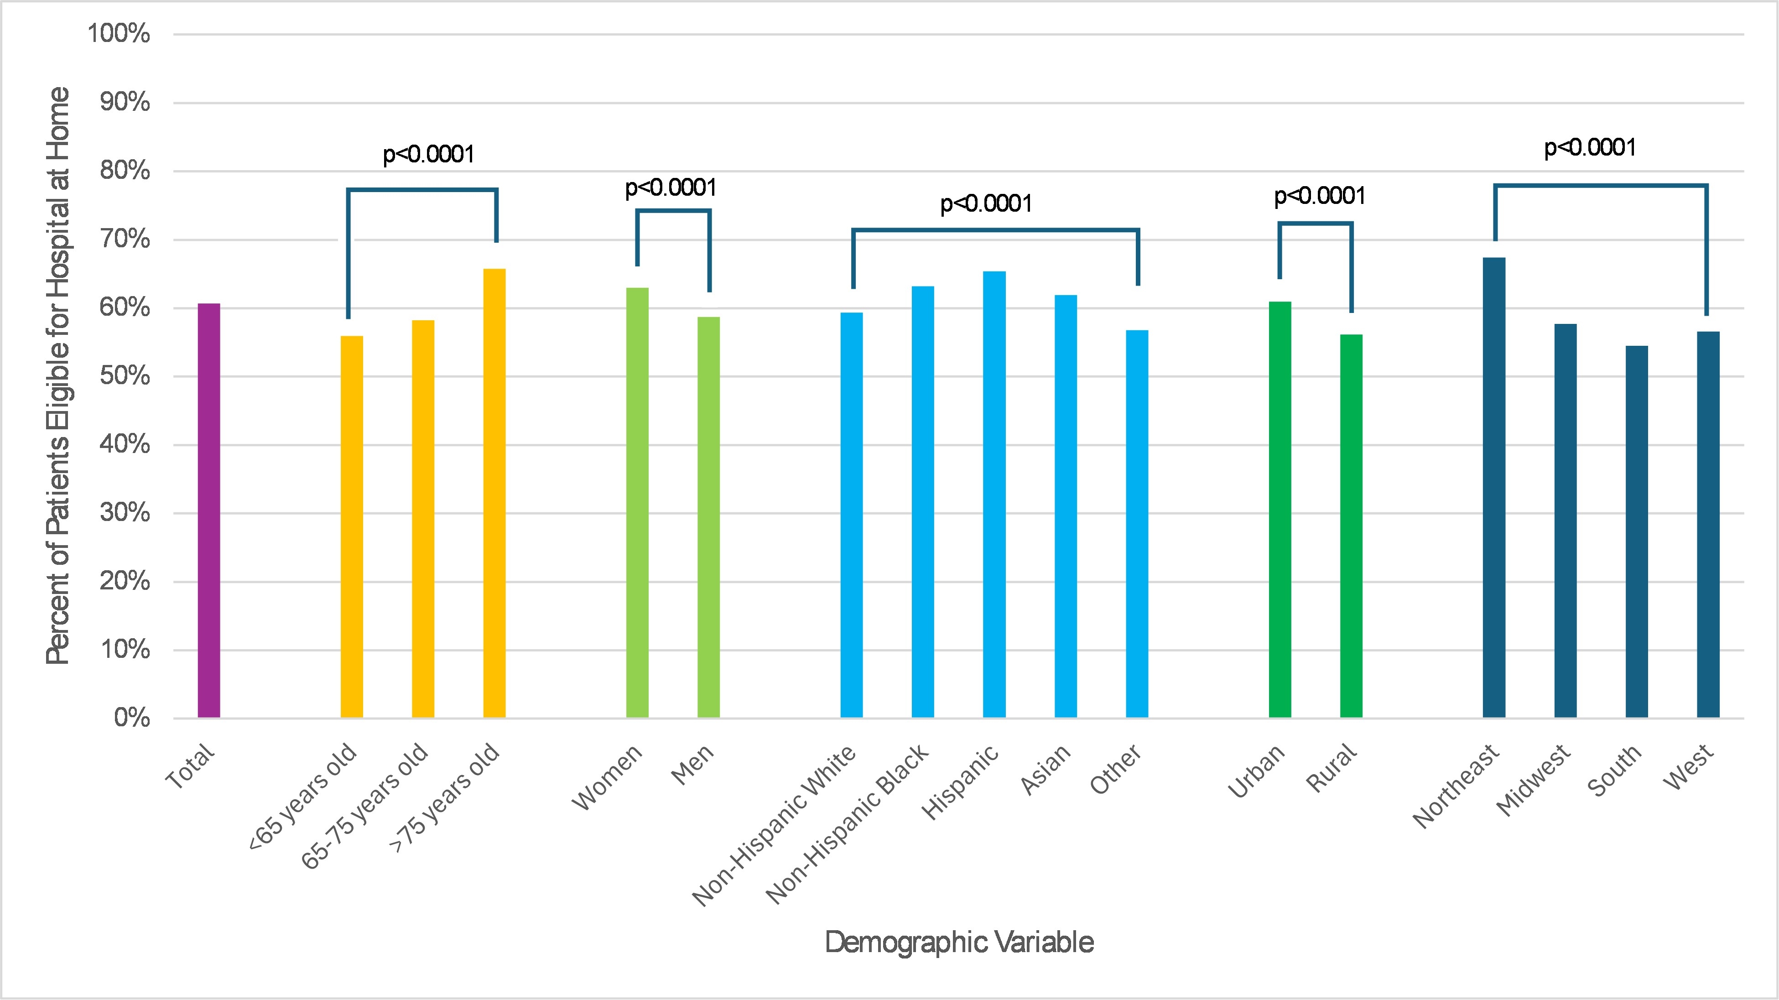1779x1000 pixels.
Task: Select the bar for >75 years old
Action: coord(494,493)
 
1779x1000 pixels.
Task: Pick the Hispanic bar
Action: coord(994,495)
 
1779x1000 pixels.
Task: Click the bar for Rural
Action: coord(1352,526)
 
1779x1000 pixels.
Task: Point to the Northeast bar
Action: coord(1494,488)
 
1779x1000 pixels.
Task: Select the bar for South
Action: coord(1637,532)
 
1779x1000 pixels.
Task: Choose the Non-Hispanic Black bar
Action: coord(923,502)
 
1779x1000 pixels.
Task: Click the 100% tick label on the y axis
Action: coord(119,33)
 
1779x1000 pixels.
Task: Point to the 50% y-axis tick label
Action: coord(125,376)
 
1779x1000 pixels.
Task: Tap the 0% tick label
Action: coord(131,718)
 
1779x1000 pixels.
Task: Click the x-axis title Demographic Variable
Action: coord(959,942)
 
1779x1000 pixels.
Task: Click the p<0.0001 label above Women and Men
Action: coord(671,188)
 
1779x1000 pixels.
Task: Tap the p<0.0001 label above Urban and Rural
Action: coord(1320,196)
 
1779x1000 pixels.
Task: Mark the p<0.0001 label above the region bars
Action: coord(1590,148)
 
